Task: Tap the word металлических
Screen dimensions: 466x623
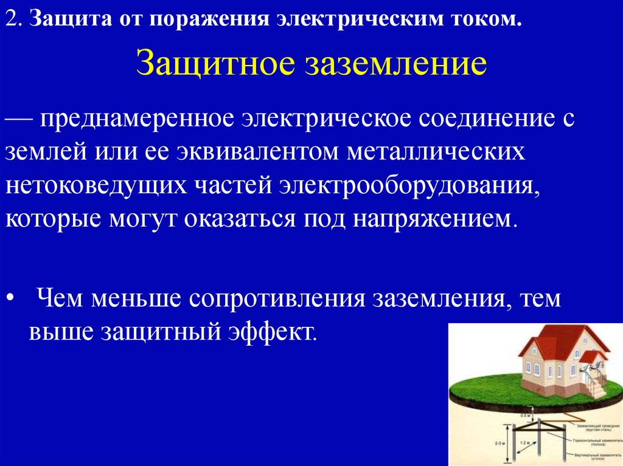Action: coord(436,151)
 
